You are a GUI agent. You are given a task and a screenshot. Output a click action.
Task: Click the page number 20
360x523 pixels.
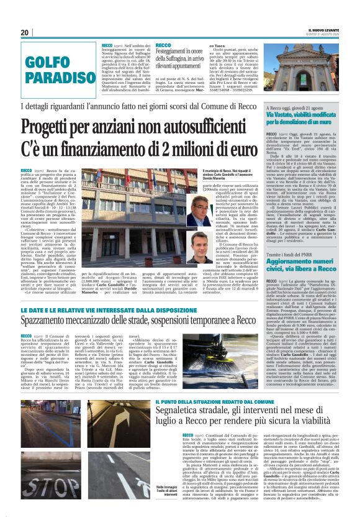point(25,32)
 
